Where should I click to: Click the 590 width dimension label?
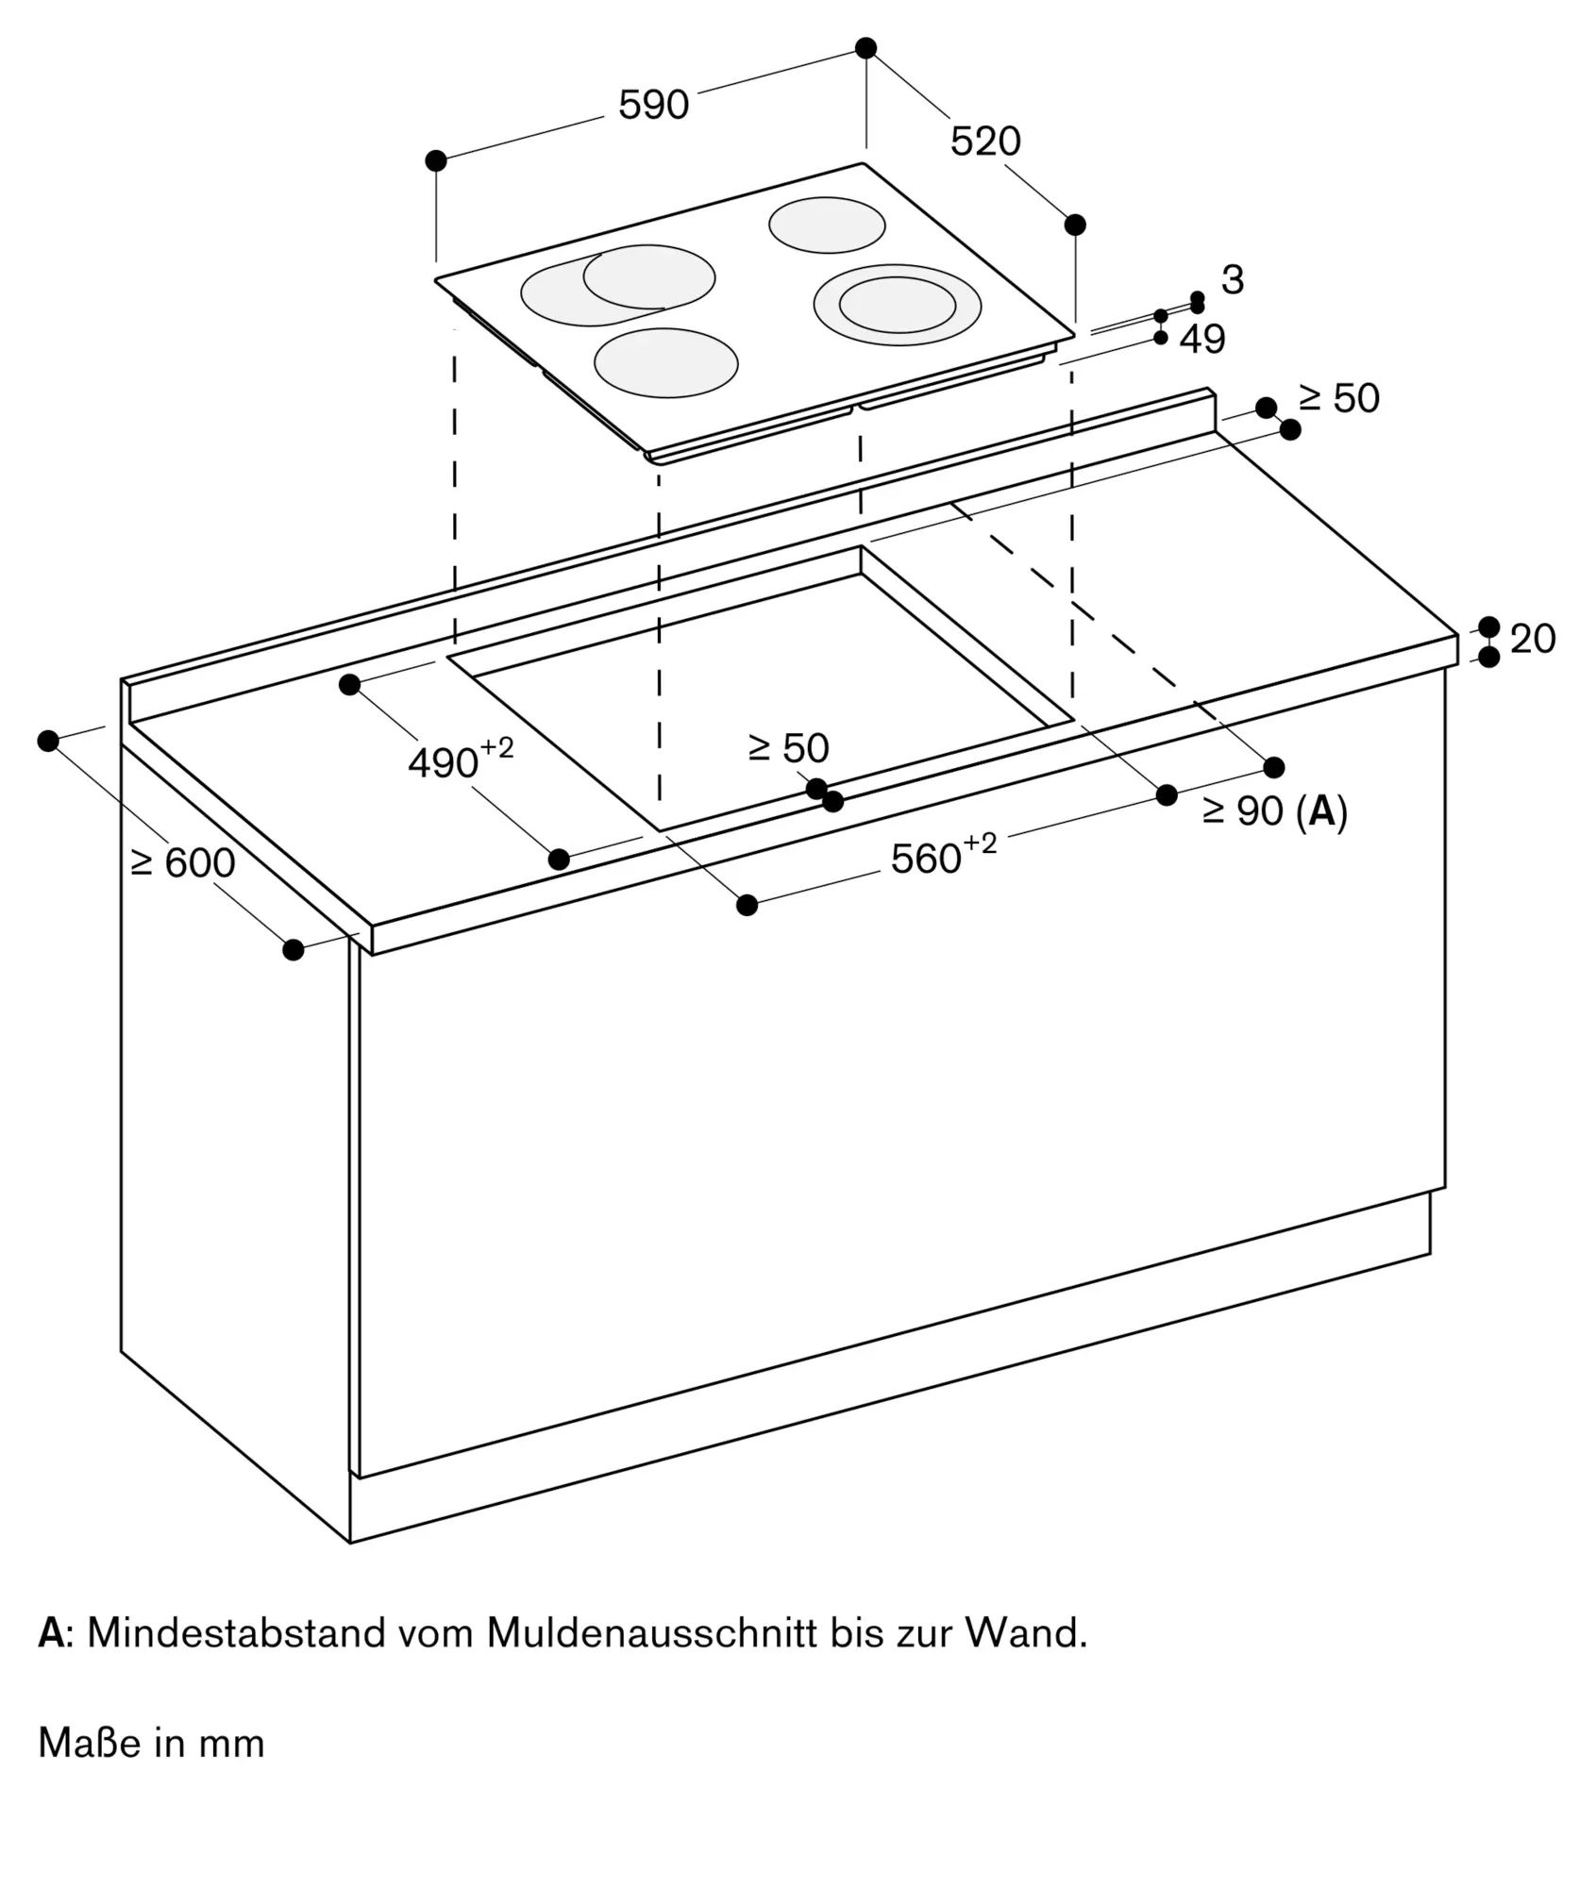pos(653,105)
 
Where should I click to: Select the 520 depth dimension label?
pos(985,142)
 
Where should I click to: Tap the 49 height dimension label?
pos(1202,339)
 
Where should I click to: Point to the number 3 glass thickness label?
pos(1233,280)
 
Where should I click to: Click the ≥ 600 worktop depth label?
pos(183,862)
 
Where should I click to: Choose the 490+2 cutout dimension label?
pos(461,760)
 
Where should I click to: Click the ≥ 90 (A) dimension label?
pos(1275,811)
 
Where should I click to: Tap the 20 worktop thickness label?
pos(1533,640)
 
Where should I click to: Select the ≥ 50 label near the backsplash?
pos(1339,399)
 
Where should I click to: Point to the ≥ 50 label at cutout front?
pos(789,748)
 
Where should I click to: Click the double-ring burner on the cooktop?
pos(898,305)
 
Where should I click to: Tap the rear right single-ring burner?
pos(827,226)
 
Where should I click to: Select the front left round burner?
pos(666,363)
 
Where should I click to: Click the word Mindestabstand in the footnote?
pos(236,1633)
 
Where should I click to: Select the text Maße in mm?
pos(151,1743)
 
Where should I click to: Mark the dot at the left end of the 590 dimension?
pos(436,160)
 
